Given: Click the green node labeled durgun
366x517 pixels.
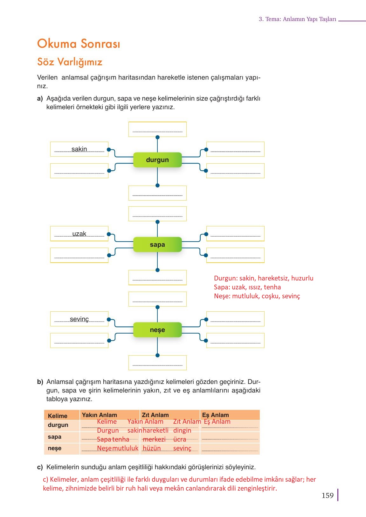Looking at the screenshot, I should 157,160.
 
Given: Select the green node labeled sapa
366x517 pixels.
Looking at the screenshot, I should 157,244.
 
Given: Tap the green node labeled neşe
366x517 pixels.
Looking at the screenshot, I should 157,330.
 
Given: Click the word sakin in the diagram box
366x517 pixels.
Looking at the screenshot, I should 79,149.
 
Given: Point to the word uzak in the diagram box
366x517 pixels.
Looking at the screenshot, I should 79,234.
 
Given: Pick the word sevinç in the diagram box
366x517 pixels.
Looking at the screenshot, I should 79,319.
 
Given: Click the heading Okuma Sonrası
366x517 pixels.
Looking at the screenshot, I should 79,44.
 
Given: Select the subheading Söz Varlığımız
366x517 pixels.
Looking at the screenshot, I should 70,62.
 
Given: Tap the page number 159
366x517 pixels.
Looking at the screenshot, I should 328,495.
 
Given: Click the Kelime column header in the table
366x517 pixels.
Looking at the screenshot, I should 58,416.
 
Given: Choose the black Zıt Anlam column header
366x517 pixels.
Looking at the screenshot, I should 155,415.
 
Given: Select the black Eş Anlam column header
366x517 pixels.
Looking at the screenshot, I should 215,415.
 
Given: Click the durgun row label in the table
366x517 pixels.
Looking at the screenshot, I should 58,425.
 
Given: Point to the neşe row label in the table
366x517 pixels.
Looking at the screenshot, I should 54,448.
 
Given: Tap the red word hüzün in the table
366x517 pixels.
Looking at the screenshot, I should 152,448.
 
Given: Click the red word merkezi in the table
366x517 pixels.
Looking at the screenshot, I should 154,439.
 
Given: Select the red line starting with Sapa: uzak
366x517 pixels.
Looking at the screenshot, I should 247,287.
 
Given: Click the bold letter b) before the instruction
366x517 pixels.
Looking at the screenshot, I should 40,382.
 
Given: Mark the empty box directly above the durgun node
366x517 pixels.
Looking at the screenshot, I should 157,129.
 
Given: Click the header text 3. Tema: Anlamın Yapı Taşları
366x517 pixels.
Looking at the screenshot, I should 297,19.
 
